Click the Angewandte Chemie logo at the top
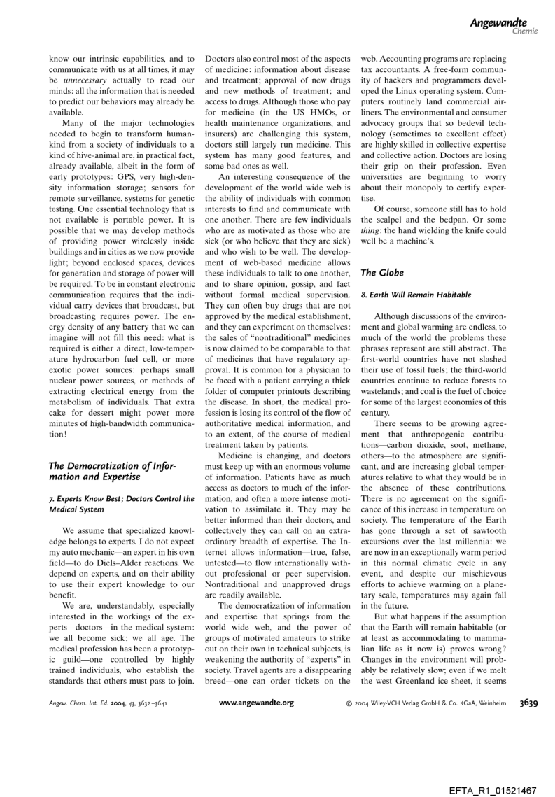pyautogui.click(x=496, y=26)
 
